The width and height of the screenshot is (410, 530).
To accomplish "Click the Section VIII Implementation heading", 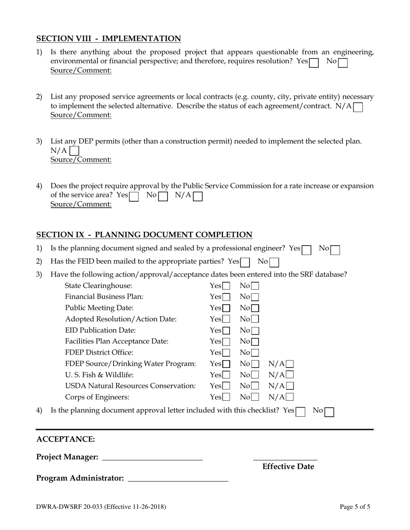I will (108, 39).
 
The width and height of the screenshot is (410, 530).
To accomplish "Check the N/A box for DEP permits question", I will (74, 151).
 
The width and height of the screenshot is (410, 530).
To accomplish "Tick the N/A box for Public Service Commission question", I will (198, 196).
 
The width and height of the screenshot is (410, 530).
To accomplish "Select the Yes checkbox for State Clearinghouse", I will (226, 286).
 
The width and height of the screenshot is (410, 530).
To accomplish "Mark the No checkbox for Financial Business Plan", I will (255, 297).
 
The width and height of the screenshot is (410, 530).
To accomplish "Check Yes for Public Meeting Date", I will (226, 308).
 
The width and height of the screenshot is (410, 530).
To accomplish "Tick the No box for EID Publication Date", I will (255, 331).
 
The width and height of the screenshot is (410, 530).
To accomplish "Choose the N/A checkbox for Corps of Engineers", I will (290, 397).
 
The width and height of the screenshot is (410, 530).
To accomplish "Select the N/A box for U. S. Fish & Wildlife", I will (290, 375).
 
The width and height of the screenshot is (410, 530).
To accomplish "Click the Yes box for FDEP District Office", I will (226, 353).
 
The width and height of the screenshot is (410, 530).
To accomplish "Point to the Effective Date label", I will (288, 467).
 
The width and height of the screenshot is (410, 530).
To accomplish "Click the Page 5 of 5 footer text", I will (355, 507).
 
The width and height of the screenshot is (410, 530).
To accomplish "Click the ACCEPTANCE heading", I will (66, 439).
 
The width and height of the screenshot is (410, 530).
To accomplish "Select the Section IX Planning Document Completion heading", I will (144, 235).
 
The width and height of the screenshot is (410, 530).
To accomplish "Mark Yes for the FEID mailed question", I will (245, 262).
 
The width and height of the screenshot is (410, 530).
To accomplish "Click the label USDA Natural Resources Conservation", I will (130, 386).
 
